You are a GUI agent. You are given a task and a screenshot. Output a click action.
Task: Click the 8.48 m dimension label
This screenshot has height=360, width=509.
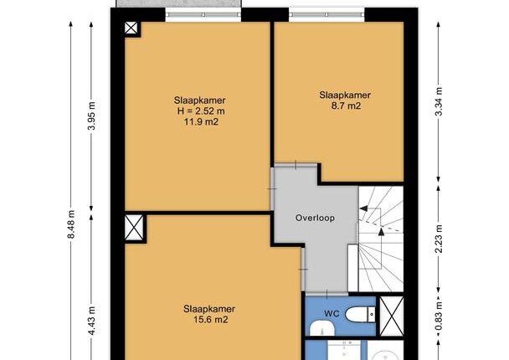coord(71,224)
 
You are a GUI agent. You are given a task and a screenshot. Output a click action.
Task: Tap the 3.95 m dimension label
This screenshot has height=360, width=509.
coord(92,116)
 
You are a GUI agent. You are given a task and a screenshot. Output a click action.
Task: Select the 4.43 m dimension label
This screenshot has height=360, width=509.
coord(92,321)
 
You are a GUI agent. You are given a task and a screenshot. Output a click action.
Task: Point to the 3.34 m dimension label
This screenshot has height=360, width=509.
coord(439,101)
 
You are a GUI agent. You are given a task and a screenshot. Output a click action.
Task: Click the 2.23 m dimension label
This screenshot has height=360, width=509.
coord(439,239)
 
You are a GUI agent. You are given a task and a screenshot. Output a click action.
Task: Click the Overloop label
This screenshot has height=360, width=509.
coord(315,218)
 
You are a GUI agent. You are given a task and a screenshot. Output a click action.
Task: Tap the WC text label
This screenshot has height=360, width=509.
coord(332,314)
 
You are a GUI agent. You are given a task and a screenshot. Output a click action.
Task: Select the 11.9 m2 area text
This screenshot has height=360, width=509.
coord(201,121)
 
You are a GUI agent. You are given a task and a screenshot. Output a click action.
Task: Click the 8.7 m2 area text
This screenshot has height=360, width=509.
coord(346,105)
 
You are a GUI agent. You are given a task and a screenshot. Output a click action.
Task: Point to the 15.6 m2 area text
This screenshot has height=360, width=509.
coord(211,320)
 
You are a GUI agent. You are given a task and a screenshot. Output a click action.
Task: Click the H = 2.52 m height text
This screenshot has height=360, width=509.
coord(201,111)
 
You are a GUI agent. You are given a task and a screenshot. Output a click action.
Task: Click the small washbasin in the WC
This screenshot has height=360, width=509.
coord(322,328)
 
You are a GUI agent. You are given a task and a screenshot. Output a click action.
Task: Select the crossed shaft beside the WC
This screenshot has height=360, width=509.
coord(392,316)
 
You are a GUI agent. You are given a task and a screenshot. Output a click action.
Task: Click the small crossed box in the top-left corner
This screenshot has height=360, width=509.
coord(131,28)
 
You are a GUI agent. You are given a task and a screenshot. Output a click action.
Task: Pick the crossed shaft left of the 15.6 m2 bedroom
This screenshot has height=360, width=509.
coord(134,228)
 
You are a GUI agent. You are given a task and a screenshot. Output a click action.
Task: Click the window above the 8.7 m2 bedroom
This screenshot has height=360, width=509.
coord(326,14)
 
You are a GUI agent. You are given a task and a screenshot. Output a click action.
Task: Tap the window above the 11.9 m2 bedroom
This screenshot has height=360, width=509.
coord(203,14)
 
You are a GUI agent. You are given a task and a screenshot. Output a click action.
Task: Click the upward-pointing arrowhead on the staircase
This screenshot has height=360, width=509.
coord(382,231)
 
